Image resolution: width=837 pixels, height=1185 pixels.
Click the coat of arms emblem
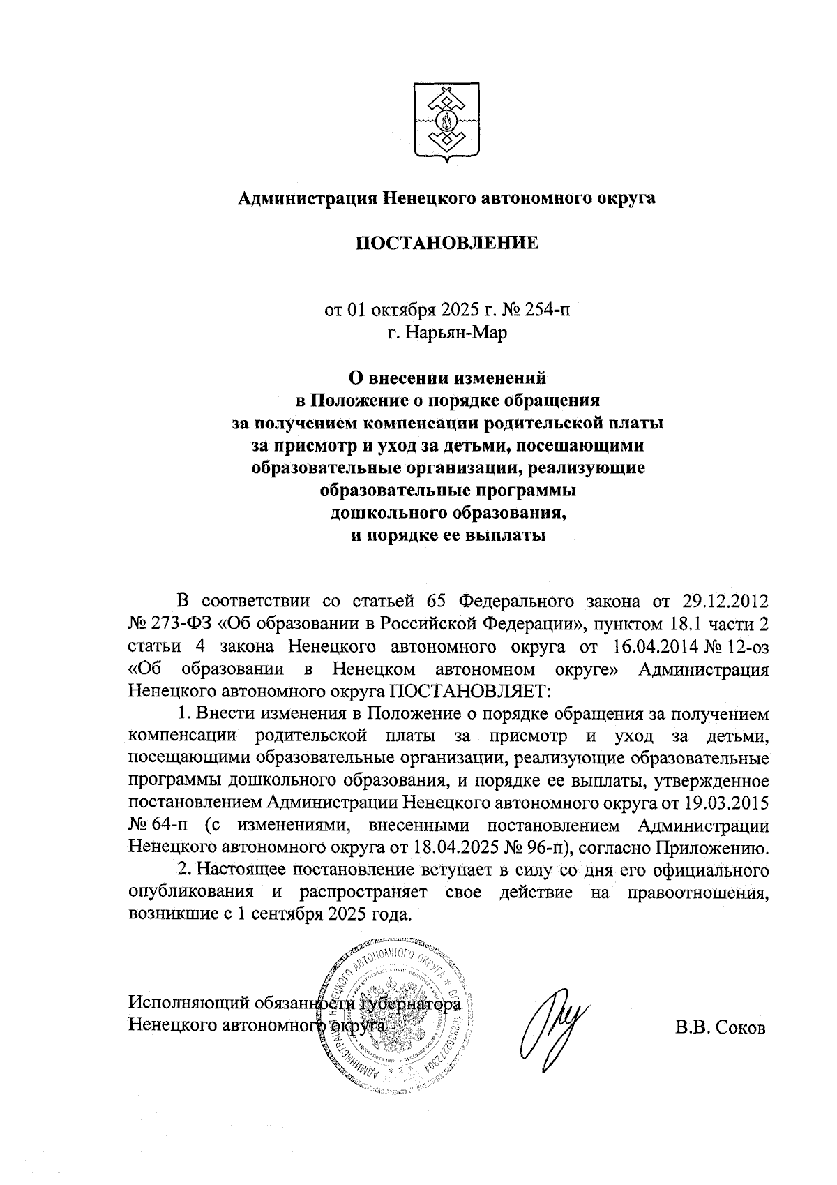pos(446,123)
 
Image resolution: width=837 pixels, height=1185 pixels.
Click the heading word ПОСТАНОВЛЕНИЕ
pos(447,243)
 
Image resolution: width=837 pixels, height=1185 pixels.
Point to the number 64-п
pos(170,826)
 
